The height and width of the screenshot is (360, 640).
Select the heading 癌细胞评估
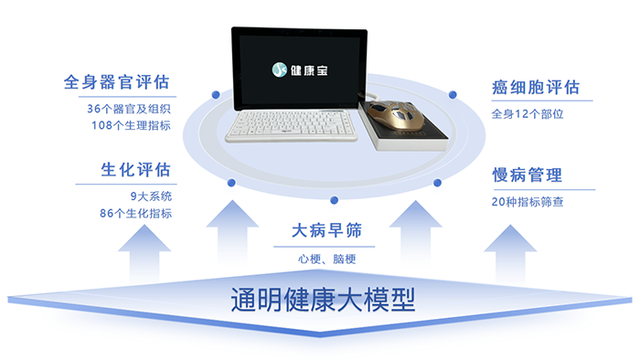pos(536,88)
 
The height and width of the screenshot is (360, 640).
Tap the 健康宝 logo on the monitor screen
pos(294,69)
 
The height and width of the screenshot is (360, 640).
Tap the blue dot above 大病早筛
pos(335,198)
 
